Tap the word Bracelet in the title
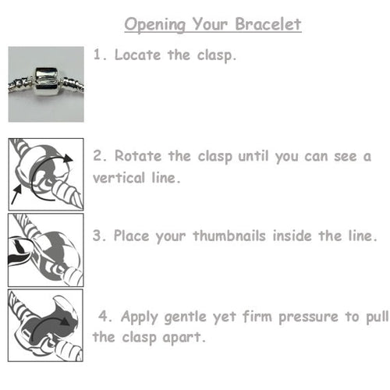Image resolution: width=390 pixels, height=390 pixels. point(268,25)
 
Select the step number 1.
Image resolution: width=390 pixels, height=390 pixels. point(97,55)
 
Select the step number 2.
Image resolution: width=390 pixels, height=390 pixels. point(97,156)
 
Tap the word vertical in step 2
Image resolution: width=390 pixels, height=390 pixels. point(122,177)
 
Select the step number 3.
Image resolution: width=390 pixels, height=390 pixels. point(97,234)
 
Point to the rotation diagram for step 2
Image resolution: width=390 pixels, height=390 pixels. point(45,173)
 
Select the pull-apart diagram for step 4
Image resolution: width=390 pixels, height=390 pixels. point(45,325)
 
